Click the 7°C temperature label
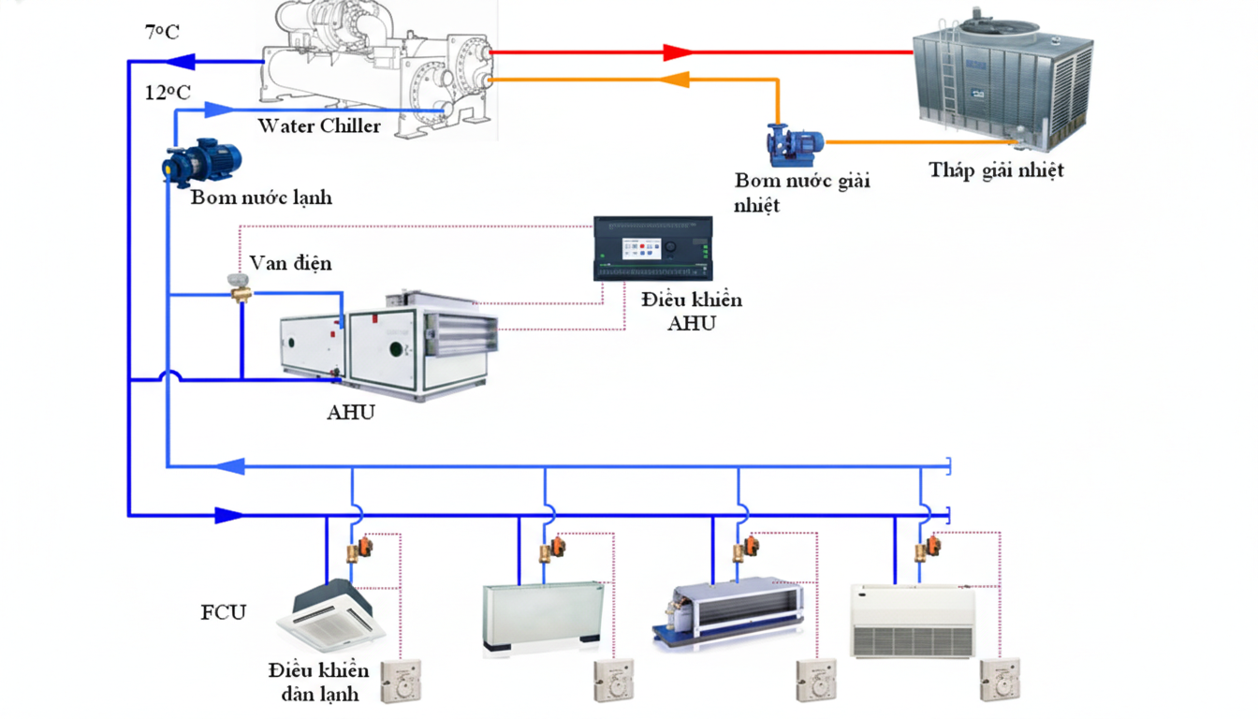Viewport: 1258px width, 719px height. click(x=162, y=32)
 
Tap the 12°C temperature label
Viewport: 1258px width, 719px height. click(x=168, y=92)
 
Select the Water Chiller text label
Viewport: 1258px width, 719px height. click(x=319, y=125)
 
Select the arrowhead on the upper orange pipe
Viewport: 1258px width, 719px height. click(x=677, y=81)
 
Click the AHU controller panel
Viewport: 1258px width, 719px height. click(x=653, y=248)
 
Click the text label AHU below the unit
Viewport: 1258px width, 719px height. click(x=351, y=412)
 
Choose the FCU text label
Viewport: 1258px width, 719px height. click(x=224, y=613)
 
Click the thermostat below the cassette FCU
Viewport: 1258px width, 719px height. click(x=401, y=682)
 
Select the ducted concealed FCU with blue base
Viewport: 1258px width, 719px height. click(x=728, y=609)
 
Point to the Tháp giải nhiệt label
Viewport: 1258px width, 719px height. click(x=996, y=170)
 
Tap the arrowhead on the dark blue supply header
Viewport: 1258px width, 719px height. click(x=229, y=515)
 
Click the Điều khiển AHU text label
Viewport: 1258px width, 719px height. click(x=691, y=311)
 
